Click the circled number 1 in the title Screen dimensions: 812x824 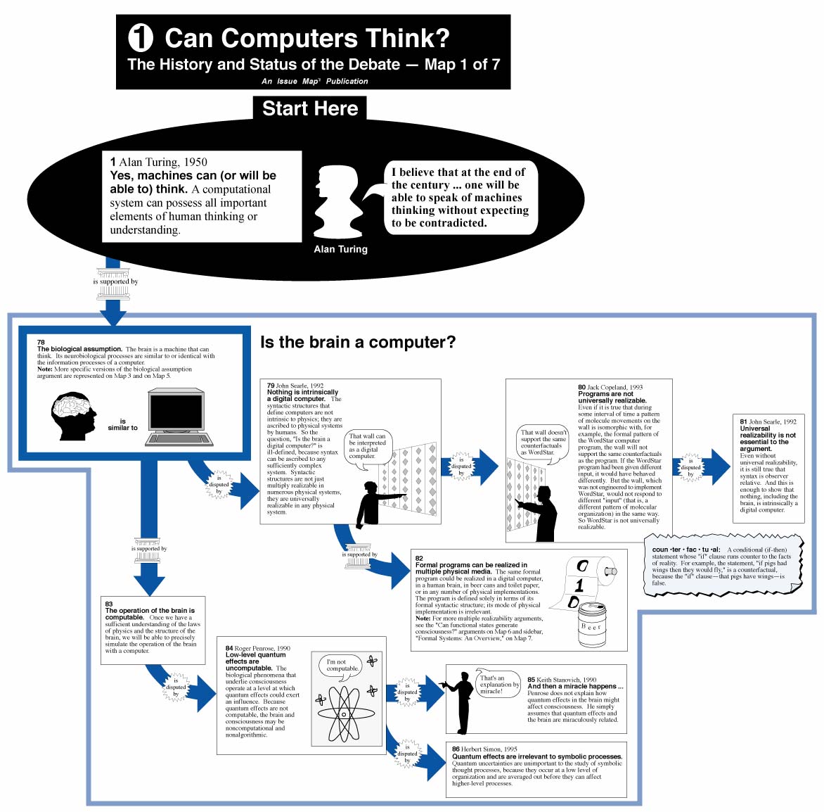(141, 37)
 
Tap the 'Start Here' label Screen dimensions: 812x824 (310, 108)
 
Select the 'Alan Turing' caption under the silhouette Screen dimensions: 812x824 (340, 249)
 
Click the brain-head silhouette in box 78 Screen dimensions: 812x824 (73, 416)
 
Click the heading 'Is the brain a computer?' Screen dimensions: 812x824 (358, 342)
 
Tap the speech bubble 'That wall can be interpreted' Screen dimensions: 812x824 (367, 446)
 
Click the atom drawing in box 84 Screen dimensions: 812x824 (344, 713)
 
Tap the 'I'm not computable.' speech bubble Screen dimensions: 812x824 (342, 666)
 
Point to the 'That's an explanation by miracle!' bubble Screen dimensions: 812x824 (498, 684)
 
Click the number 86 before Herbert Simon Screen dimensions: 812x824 (456, 749)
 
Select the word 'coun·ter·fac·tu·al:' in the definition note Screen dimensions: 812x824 (685, 550)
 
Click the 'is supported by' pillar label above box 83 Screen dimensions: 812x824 (148, 549)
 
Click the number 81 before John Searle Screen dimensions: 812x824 (743, 421)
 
